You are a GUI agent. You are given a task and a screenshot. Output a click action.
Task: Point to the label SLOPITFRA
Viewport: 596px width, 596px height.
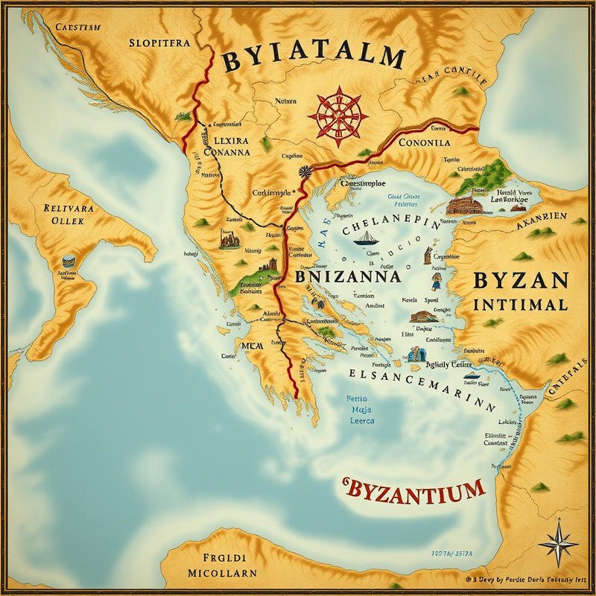[x=159, y=42]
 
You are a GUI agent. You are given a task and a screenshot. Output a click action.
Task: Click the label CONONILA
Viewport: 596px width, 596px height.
[x=424, y=142]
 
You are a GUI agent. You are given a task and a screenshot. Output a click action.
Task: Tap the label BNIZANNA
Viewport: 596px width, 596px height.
[x=349, y=276]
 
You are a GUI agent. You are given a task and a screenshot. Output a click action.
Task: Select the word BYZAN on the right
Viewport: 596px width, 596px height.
[x=521, y=282]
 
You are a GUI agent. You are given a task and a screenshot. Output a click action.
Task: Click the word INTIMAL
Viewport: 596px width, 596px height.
[x=521, y=305]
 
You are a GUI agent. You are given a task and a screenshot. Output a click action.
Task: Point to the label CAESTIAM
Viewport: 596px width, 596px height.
[x=78, y=28]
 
